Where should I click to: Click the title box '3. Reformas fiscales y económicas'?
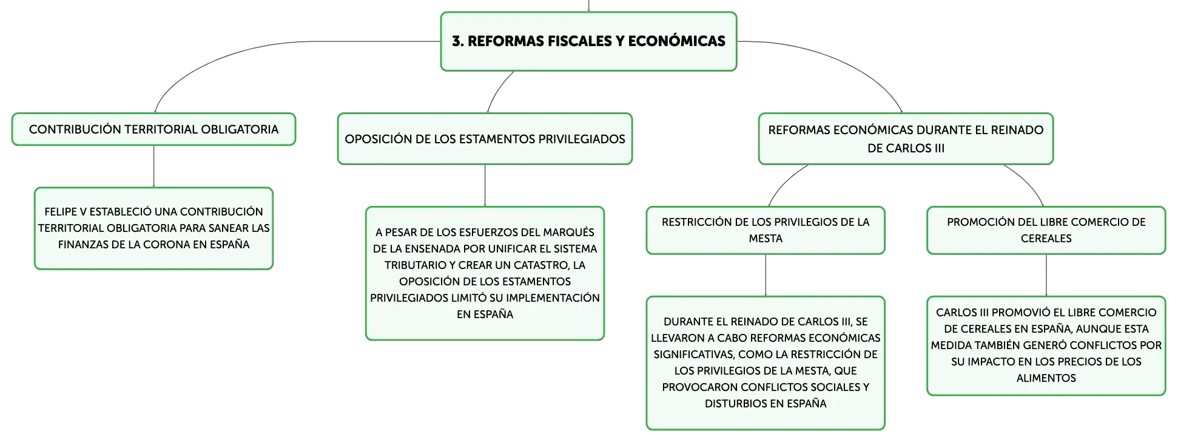point(588,41)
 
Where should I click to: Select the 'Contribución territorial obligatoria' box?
point(153,129)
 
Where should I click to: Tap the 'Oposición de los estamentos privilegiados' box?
point(485,138)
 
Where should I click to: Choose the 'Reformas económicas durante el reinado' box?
point(906,138)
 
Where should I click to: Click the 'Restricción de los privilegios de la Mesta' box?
point(766,230)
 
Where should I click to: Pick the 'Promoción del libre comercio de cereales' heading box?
point(1046,230)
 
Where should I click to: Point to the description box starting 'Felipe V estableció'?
point(153,228)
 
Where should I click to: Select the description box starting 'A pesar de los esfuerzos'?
point(485,273)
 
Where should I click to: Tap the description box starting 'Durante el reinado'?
point(766,363)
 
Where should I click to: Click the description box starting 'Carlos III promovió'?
point(1046,345)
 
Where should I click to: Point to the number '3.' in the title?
point(458,41)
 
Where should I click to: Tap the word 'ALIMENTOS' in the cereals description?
point(1046,378)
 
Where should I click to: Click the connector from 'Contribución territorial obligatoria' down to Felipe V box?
point(153,166)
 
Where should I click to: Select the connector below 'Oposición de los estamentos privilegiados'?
point(485,186)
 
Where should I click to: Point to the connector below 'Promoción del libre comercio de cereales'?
point(1046,275)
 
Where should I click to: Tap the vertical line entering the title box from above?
point(588,5)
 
